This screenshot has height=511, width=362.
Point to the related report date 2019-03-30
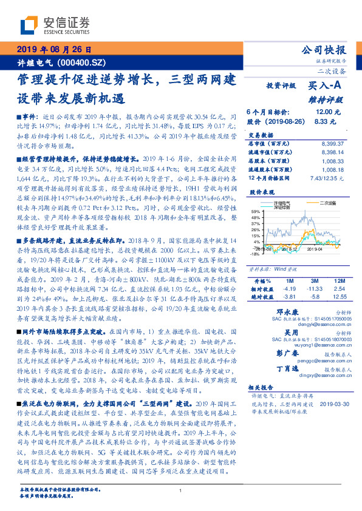333,404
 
